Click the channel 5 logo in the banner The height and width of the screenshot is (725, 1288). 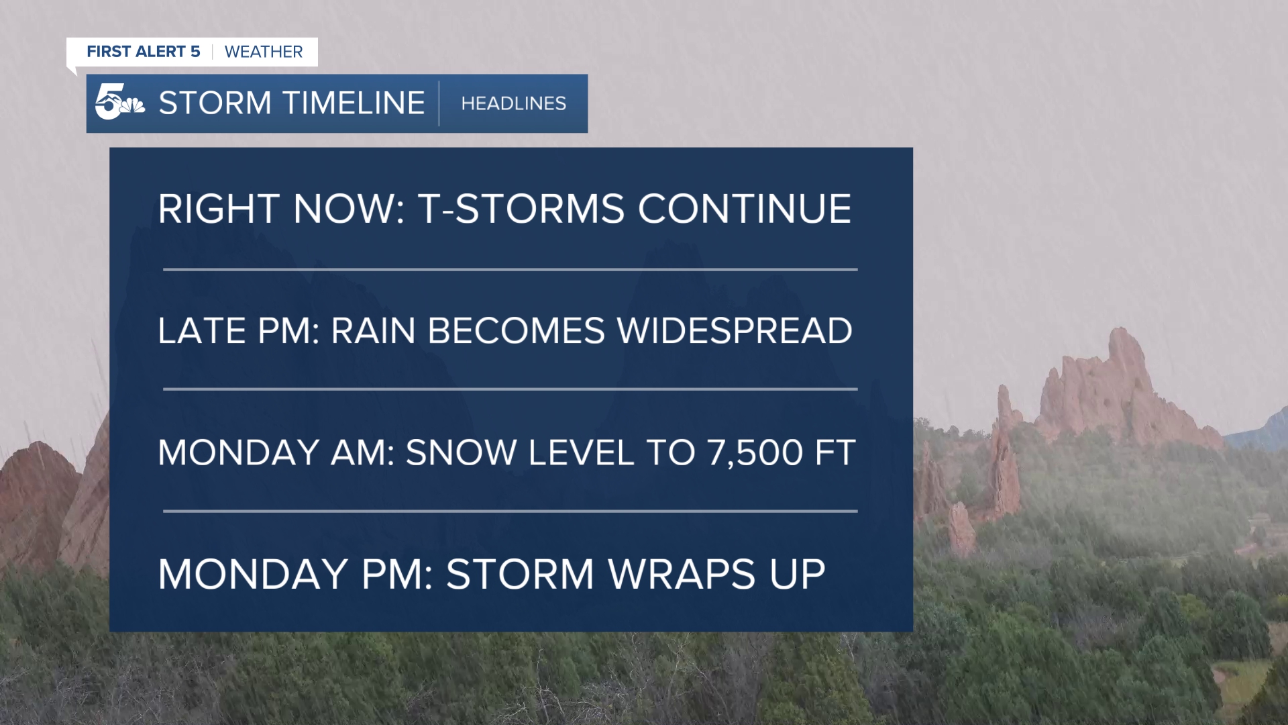coord(119,103)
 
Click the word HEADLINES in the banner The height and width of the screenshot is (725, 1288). coord(513,103)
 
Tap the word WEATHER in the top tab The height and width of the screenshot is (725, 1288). coord(263,52)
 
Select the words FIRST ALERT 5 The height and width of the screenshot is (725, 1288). coord(143,52)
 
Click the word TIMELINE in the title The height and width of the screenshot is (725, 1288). coord(354,103)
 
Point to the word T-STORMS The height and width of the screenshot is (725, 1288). coord(521,209)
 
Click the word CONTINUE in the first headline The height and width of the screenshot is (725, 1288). coord(744,209)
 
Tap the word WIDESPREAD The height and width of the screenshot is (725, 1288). coord(735,331)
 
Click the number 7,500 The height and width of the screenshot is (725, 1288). coord(755,453)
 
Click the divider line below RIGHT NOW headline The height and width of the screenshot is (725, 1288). coord(510,270)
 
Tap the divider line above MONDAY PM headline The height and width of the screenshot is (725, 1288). coord(510,512)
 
